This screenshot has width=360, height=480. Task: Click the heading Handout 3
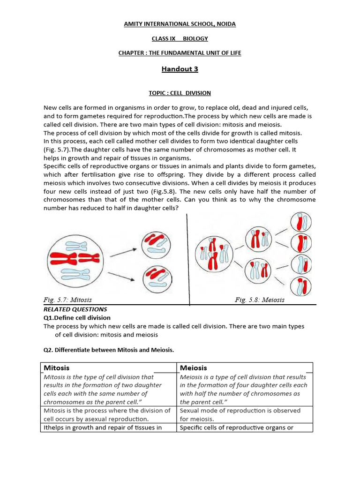180,69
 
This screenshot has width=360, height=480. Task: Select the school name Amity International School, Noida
180,24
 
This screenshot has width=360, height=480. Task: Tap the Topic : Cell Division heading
180,93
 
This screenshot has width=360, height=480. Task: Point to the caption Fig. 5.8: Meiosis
259,300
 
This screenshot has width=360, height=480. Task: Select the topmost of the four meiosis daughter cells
300,223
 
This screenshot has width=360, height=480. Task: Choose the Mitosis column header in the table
57,368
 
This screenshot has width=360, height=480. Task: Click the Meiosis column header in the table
193,368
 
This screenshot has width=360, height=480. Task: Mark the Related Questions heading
75,309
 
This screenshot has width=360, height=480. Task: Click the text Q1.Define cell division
77,318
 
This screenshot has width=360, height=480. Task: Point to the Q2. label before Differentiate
49,350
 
